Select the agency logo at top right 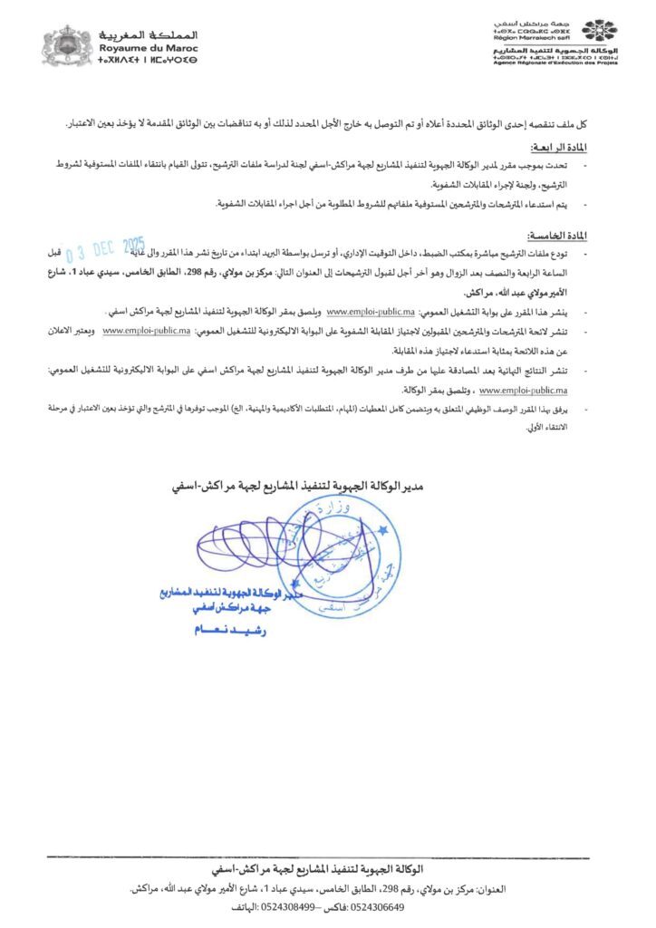(x=599, y=32)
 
